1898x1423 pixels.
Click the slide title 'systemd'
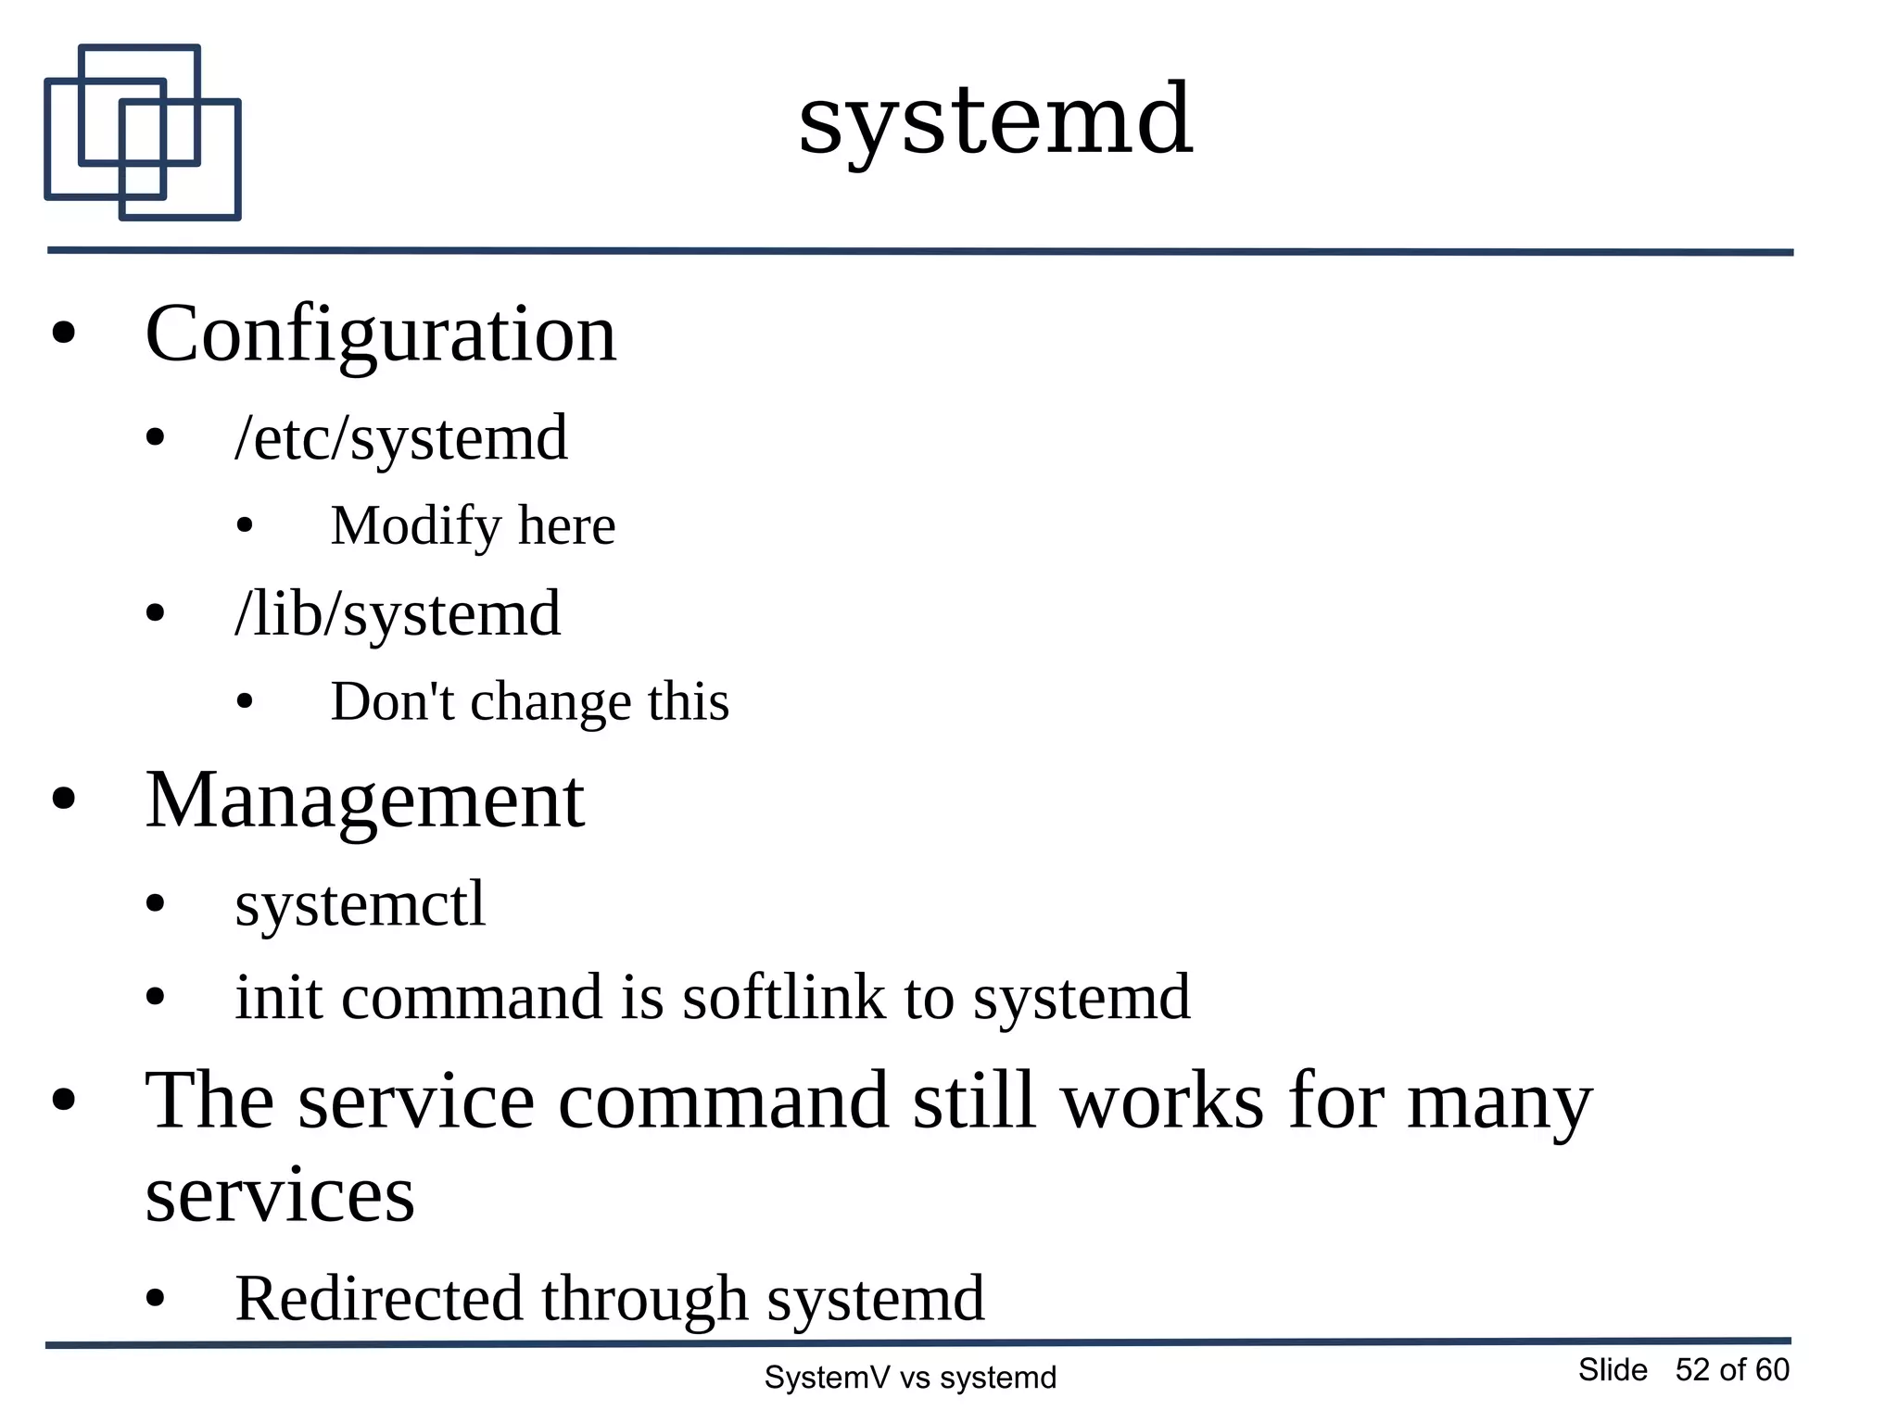click(995, 120)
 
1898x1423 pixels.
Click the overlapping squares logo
click(143, 132)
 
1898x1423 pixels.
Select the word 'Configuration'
click(381, 335)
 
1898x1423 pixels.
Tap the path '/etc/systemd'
click(401, 439)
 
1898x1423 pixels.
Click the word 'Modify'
click(416, 526)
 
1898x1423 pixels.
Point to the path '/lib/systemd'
click(398, 614)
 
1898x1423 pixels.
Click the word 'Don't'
click(392, 701)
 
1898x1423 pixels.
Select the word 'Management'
click(365, 800)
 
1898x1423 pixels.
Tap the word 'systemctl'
click(360, 904)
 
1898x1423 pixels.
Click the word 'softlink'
click(784, 999)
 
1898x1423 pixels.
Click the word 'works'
click(1162, 1102)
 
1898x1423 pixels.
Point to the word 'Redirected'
click(379, 1299)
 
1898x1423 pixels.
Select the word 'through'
click(645, 1299)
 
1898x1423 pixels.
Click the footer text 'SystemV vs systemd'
click(910, 1378)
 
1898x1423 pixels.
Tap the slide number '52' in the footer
click(1692, 1370)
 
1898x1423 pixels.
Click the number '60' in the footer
click(1772, 1370)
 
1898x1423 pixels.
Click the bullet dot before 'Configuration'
click(64, 334)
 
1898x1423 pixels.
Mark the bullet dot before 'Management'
click(64, 800)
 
